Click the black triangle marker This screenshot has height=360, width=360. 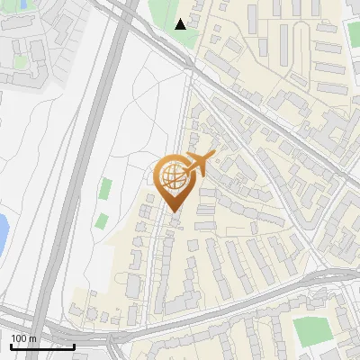point(181,24)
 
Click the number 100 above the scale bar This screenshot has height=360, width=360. point(18,338)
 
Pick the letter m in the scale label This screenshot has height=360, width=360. point(32,338)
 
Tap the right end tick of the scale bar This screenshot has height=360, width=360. point(75,346)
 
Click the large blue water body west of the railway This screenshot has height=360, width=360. point(3,232)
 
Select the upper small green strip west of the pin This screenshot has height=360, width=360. point(106,189)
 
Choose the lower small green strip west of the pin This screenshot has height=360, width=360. point(102,221)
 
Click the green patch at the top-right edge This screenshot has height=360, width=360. point(354,33)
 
